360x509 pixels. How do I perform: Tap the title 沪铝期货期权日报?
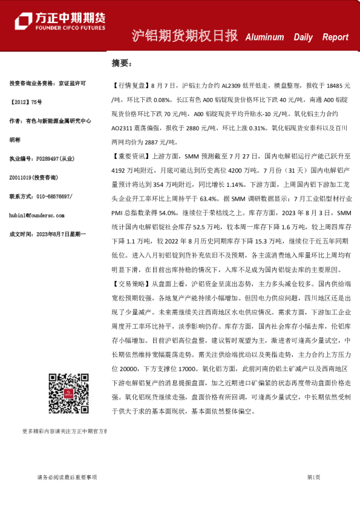(185, 36)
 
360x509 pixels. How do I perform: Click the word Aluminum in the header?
(264, 37)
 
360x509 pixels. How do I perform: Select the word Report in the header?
(335, 37)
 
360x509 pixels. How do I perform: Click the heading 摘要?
(120, 63)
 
